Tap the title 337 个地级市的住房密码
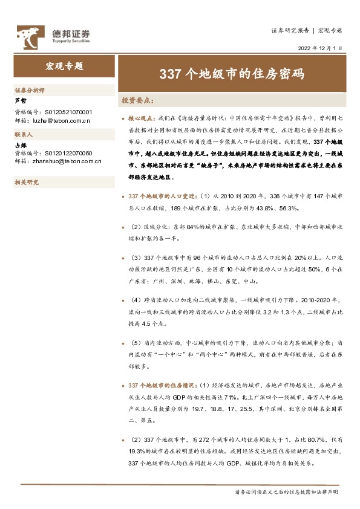(x=231, y=74)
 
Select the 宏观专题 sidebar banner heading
(x=65, y=66)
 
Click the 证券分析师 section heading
(x=30, y=90)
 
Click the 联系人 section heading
(x=24, y=134)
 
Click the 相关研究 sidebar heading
(x=27, y=181)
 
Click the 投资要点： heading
(x=139, y=100)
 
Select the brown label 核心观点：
(x=142, y=119)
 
